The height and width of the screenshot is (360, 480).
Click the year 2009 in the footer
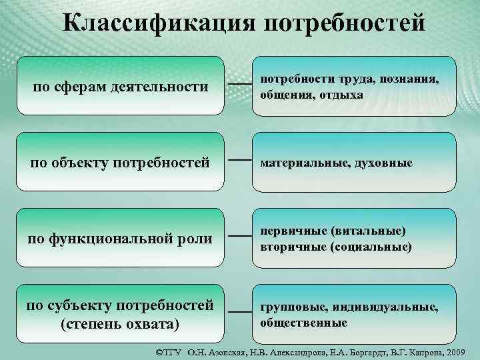point(459,351)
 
